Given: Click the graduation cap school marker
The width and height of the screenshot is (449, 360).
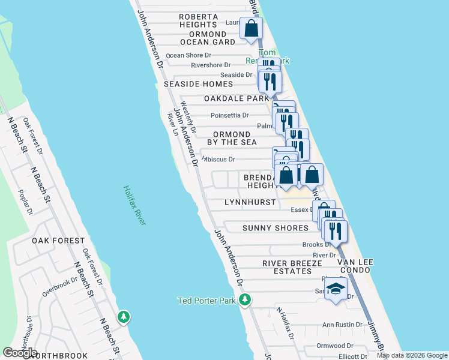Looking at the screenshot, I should click(x=336, y=288).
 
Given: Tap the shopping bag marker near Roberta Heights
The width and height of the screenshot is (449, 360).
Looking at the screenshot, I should click(x=251, y=28).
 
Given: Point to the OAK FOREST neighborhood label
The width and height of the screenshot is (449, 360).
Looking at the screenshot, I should click(x=58, y=241).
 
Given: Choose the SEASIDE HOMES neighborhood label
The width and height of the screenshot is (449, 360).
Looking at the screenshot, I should click(x=198, y=85).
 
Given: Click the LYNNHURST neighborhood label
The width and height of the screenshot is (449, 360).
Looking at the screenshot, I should click(x=250, y=203).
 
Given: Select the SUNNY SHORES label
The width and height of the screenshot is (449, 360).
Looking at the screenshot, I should click(x=275, y=228).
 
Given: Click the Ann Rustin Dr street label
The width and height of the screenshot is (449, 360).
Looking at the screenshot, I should click(x=342, y=325).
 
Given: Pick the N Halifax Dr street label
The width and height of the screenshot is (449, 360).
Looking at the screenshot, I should click(x=285, y=324).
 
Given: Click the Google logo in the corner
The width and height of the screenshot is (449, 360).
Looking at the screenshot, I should click(x=20, y=353).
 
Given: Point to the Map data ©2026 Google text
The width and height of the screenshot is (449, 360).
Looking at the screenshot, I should click(x=411, y=355).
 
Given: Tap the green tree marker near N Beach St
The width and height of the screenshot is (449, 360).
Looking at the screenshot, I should click(x=124, y=316).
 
